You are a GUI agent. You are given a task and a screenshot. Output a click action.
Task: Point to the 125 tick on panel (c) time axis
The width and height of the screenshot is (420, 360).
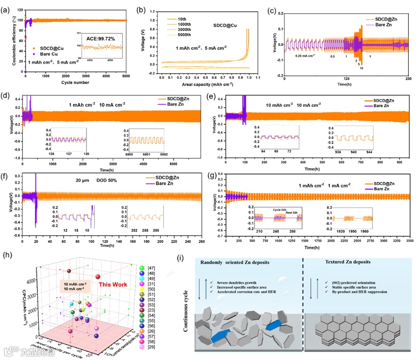point(346,79)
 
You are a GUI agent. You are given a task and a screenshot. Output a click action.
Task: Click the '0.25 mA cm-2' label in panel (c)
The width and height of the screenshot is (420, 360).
point(305,56)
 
